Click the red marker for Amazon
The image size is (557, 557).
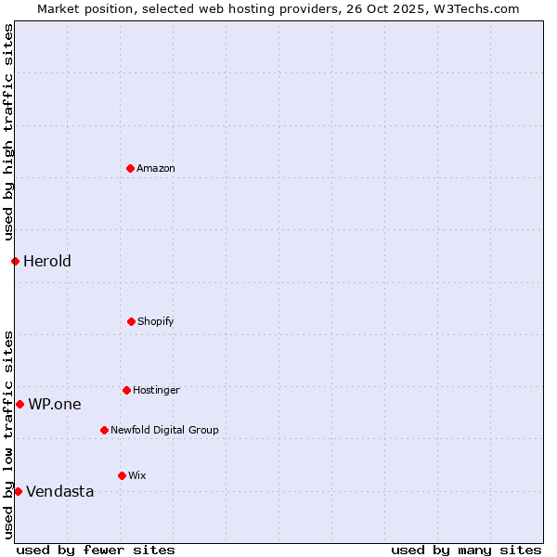(131, 168)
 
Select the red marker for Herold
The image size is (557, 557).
(15, 261)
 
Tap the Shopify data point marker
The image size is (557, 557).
(132, 321)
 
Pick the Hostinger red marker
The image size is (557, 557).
(127, 390)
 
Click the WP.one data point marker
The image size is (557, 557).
(19, 404)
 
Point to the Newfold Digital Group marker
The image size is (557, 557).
(105, 430)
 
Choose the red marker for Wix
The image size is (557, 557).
(123, 475)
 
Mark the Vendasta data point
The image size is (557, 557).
(18, 491)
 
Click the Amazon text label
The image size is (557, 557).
(156, 168)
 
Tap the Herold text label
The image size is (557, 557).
(47, 261)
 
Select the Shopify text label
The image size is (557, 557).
(156, 321)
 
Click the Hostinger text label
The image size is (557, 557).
(156, 390)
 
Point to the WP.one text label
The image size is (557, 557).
(55, 404)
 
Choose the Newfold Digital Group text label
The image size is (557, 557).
(164, 430)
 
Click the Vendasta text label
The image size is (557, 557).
(60, 491)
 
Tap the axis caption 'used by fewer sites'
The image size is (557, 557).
(96, 550)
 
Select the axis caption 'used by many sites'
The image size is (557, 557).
(466, 550)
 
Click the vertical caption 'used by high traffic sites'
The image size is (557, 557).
(8, 132)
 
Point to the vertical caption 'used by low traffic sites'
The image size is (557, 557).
(8, 434)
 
